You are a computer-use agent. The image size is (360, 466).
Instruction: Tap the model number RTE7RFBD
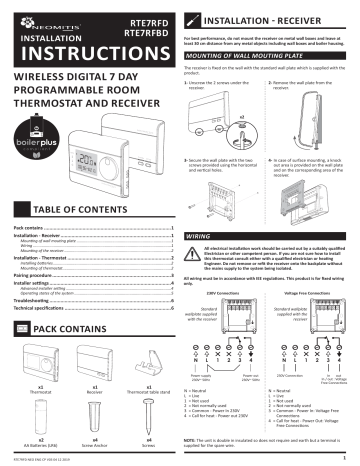tap(146, 29)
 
